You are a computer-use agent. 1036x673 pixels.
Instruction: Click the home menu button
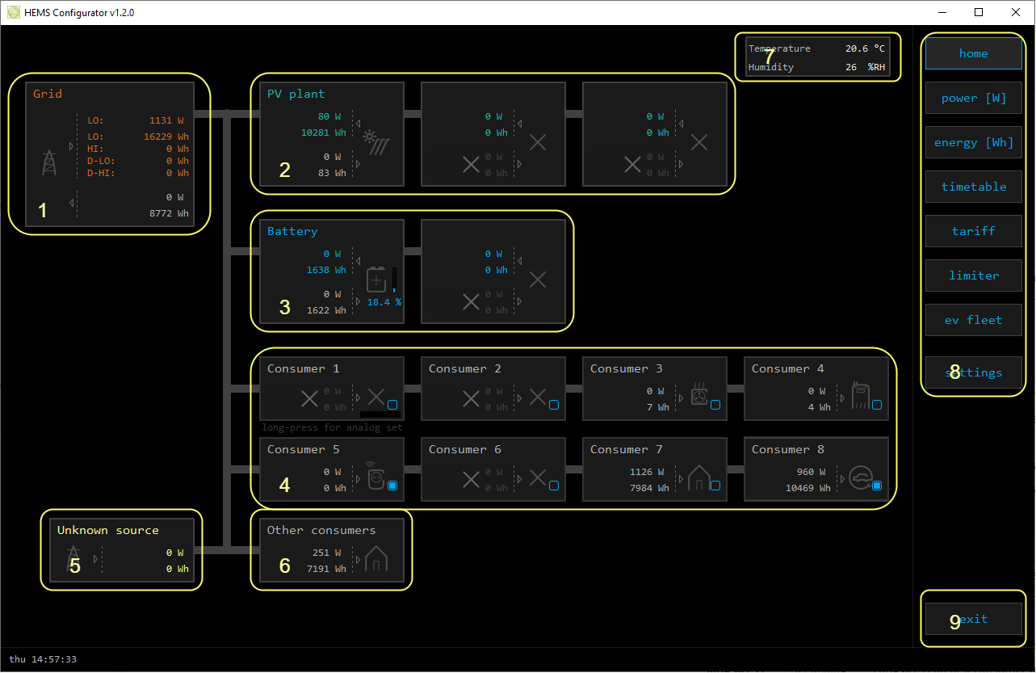click(x=973, y=53)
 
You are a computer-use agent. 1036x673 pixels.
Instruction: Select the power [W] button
click(x=973, y=98)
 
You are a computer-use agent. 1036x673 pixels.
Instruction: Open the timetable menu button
click(x=973, y=187)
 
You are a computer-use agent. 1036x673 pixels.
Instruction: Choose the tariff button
click(x=973, y=231)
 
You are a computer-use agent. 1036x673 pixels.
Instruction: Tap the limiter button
click(x=973, y=276)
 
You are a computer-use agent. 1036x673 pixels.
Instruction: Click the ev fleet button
click(x=973, y=320)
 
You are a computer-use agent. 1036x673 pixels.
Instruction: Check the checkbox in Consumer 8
click(x=877, y=486)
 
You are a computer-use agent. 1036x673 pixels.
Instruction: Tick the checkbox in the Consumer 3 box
click(x=715, y=405)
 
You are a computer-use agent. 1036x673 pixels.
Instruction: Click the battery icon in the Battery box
click(x=377, y=280)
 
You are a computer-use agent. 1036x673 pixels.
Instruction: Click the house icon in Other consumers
click(x=376, y=558)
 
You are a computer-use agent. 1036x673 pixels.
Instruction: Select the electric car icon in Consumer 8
click(x=859, y=477)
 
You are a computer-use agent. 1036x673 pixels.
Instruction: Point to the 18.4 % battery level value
click(x=384, y=302)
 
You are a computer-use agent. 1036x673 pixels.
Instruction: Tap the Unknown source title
click(x=108, y=530)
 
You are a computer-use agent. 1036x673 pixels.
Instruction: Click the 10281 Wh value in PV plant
click(x=323, y=132)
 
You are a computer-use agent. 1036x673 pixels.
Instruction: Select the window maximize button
click(x=979, y=12)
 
